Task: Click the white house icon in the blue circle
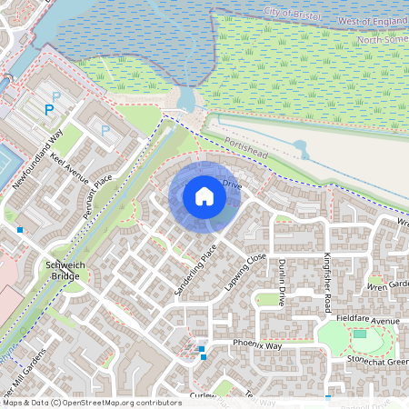(x=204, y=195)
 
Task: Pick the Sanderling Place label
(x=196, y=270)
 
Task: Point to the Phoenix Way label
(x=257, y=346)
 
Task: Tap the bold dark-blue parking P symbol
(x=50, y=111)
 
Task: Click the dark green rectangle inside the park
(x=359, y=334)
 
